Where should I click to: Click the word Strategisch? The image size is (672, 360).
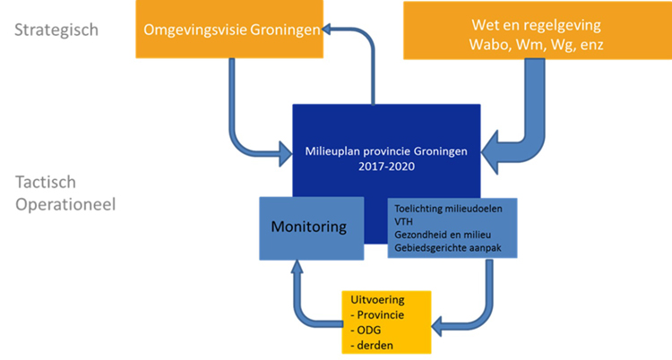56,30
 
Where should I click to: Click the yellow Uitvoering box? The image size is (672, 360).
386,321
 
